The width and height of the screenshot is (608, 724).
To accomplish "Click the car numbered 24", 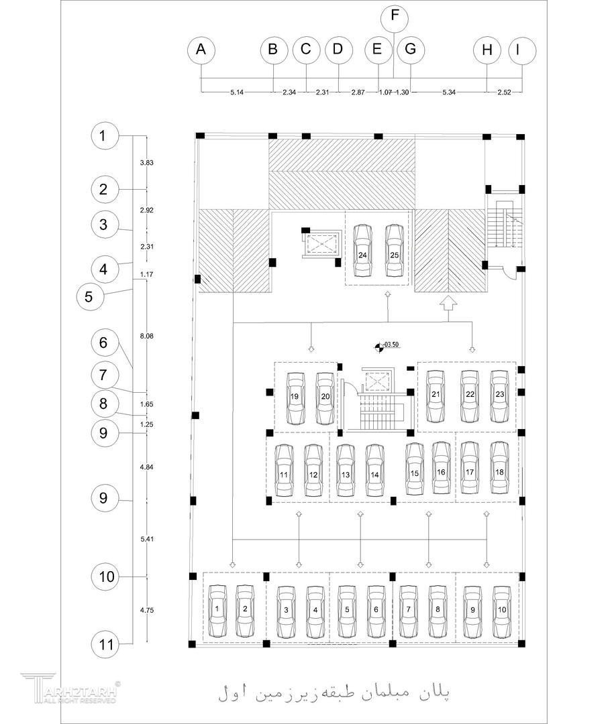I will tap(362, 250).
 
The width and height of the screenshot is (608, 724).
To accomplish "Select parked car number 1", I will tap(217, 611).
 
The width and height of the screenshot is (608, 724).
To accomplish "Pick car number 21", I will tap(436, 396).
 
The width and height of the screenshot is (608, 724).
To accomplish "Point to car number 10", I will tap(502, 611).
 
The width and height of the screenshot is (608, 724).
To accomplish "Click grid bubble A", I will tap(201, 50).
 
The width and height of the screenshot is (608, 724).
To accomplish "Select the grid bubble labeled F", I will tap(394, 17).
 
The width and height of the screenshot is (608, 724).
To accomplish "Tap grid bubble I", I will tap(522, 50).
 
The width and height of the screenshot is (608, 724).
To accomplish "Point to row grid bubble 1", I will tap(103, 136).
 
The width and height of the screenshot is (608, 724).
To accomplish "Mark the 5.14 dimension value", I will tap(236, 93).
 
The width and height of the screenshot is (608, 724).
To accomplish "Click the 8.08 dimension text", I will tap(147, 335).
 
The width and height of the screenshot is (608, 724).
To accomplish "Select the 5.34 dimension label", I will tap(449, 93).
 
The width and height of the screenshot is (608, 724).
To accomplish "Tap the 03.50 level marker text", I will tap(392, 345).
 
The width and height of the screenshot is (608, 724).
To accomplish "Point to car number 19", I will tap(295, 398).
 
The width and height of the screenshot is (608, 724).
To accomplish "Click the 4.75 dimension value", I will tap(147, 610).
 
